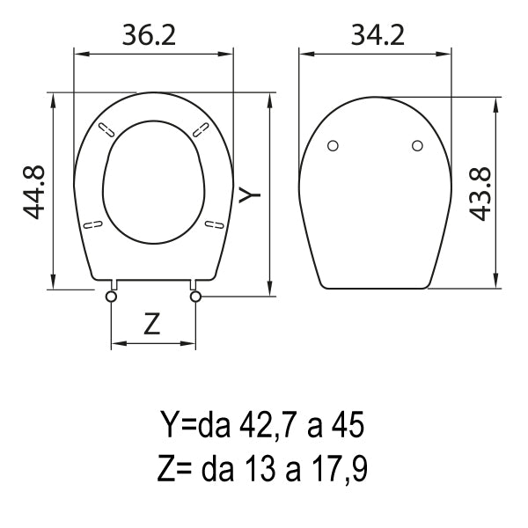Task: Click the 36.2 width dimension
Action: (x=149, y=35)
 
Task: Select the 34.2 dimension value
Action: (x=378, y=35)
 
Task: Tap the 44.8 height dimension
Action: (x=33, y=192)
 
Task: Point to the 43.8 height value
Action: (x=480, y=194)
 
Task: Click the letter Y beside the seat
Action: (x=250, y=194)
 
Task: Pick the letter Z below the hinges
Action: (x=152, y=323)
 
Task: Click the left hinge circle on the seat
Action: (x=111, y=297)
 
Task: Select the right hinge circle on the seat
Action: (x=195, y=297)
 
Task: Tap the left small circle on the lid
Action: (x=333, y=146)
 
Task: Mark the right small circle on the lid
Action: (x=417, y=146)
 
